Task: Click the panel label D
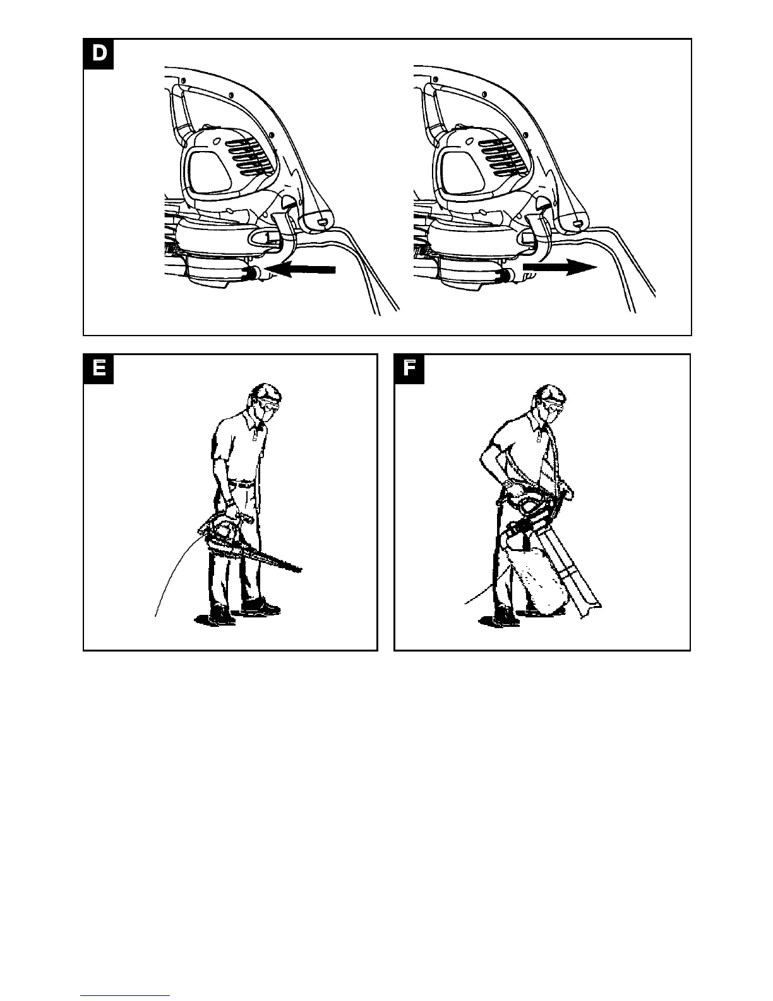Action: [99, 54]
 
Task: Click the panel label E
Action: [99, 369]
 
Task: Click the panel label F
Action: [409, 369]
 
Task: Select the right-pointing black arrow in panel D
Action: [560, 268]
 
